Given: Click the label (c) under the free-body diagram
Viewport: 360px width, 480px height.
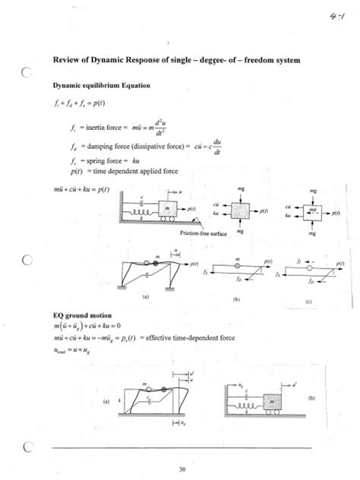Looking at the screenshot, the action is pyautogui.click(x=309, y=302).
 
